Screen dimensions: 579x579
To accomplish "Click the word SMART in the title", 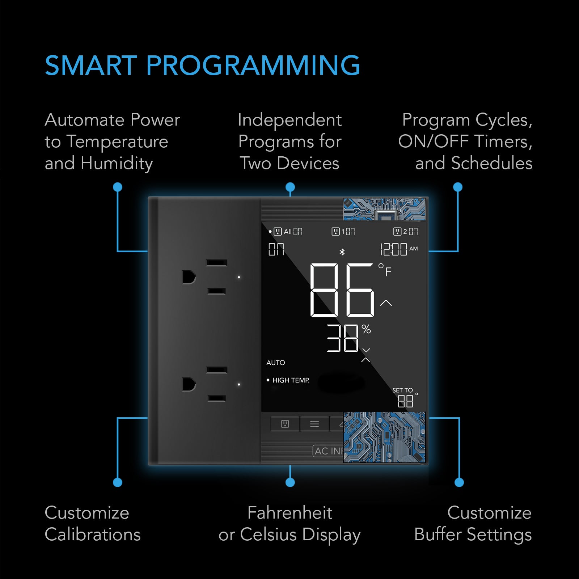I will pyautogui.click(x=90, y=66).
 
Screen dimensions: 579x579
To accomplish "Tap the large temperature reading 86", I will pyautogui.click(x=342, y=290).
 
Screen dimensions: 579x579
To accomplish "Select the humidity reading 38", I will pyautogui.click(x=342, y=338).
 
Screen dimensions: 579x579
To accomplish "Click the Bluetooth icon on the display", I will pyautogui.click(x=342, y=252).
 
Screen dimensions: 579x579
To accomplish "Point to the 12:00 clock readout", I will pyautogui.click(x=393, y=249).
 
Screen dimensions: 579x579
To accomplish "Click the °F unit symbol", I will pyautogui.click(x=385, y=270).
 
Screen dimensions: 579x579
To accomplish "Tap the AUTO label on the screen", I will pyautogui.click(x=276, y=363).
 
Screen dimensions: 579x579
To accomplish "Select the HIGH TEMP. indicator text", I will pyautogui.click(x=291, y=380).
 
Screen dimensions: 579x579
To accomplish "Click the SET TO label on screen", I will pyautogui.click(x=402, y=390).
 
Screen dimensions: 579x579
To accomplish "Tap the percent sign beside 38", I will pyautogui.click(x=366, y=329).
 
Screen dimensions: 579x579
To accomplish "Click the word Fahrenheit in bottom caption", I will pyautogui.click(x=289, y=513).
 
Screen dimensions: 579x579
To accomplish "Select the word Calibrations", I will pyautogui.click(x=93, y=534).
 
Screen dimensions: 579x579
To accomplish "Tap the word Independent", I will pyautogui.click(x=289, y=120).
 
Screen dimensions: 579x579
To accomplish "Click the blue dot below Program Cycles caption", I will pyautogui.click(x=458, y=187).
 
